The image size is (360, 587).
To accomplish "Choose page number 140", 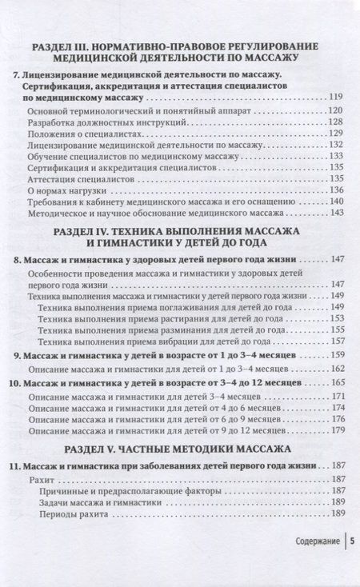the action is coord(336,202).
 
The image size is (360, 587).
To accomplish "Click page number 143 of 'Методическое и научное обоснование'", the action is coord(336,214).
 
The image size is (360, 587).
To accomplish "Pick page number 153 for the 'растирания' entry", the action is coord(336,318).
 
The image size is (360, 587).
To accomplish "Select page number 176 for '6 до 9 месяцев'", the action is coord(336,420).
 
